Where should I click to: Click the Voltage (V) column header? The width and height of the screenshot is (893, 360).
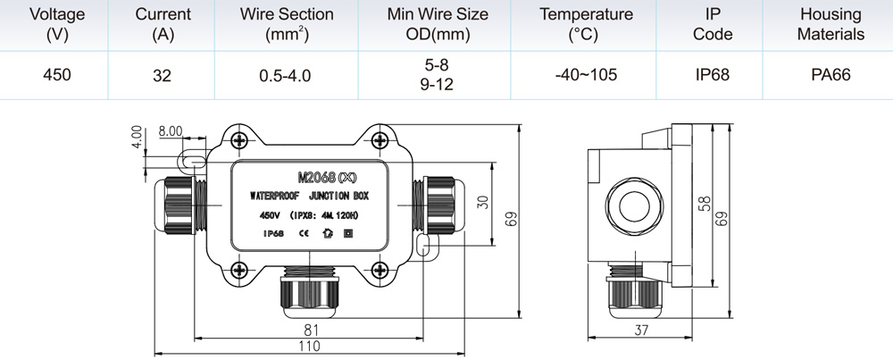pyautogui.click(x=57, y=24)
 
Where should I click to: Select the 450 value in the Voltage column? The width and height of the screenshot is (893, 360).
pyautogui.click(x=57, y=74)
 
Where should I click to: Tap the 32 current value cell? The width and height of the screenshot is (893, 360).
pyautogui.click(x=163, y=75)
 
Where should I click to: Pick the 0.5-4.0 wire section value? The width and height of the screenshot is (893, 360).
pyautogui.click(x=286, y=75)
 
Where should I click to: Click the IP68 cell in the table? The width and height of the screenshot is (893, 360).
pyautogui.click(x=713, y=74)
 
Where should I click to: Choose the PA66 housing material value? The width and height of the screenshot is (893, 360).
pyautogui.click(x=830, y=74)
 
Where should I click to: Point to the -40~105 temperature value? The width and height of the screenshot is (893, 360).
pyautogui.click(x=586, y=74)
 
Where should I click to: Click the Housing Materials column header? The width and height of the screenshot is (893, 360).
pyautogui.click(x=830, y=24)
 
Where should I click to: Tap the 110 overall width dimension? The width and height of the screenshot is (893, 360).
pyautogui.click(x=309, y=346)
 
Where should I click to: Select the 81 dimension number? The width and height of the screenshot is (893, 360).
pyautogui.click(x=309, y=331)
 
